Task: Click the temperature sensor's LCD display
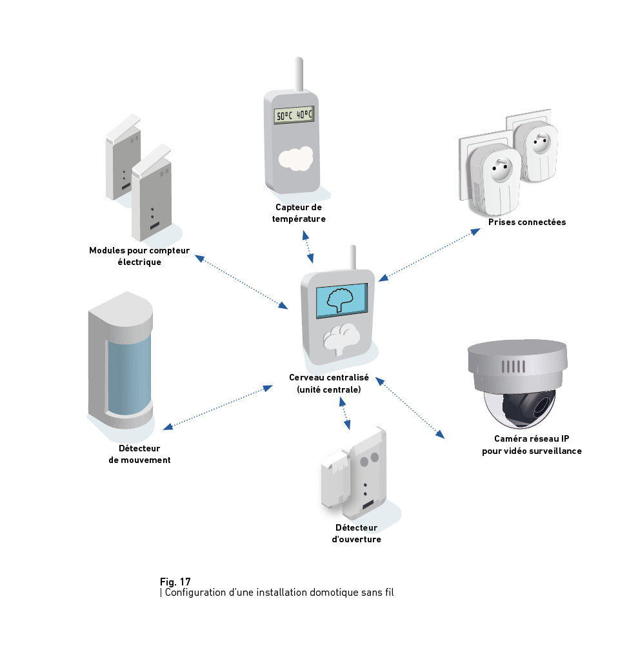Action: tap(294, 115)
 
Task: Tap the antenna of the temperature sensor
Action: tap(299, 74)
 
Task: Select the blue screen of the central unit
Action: tap(341, 300)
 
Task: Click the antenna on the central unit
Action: tap(353, 257)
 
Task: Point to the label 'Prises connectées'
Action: tap(527, 222)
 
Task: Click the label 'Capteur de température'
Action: tap(299, 213)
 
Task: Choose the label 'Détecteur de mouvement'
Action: tap(140, 454)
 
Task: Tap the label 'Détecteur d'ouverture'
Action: tap(356, 533)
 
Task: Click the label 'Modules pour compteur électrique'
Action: tap(139, 256)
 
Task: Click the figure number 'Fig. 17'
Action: tap(175, 582)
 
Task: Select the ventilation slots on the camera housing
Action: tap(513, 366)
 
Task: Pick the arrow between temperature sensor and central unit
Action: tap(308, 246)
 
